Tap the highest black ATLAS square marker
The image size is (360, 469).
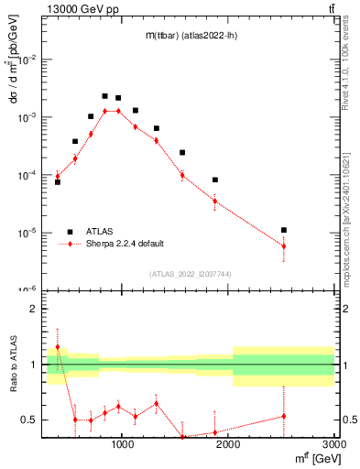(104, 96)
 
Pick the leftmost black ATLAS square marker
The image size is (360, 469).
(58, 182)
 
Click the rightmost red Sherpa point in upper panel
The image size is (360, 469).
(284, 245)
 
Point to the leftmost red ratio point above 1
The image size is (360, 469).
(58, 347)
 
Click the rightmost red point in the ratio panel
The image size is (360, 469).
(284, 416)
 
